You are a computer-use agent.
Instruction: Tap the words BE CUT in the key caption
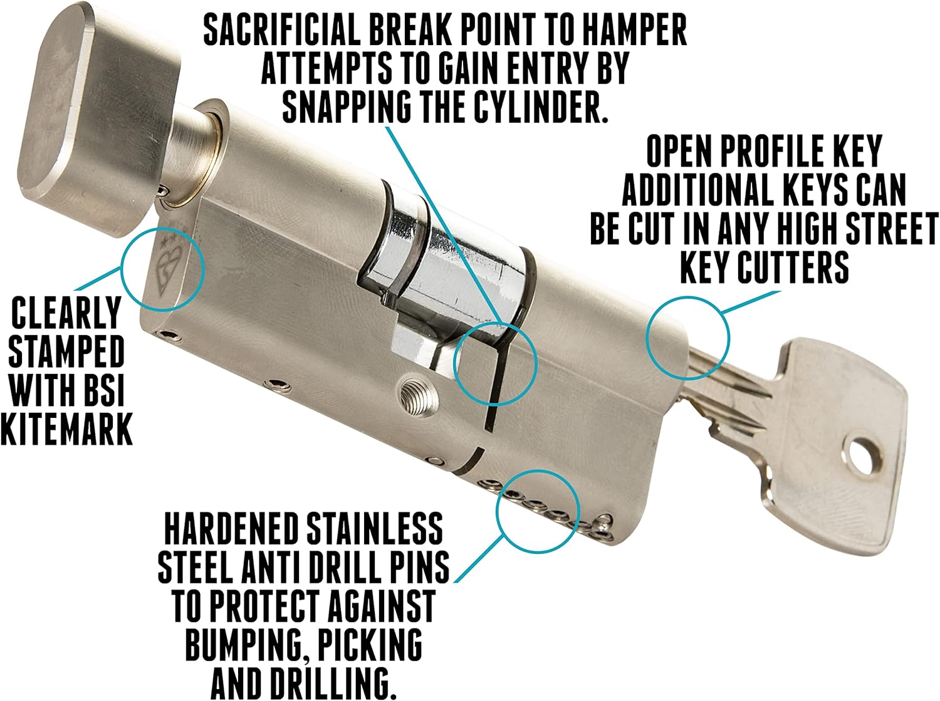(x=646, y=229)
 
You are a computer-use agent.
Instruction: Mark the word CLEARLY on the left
(x=66, y=313)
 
